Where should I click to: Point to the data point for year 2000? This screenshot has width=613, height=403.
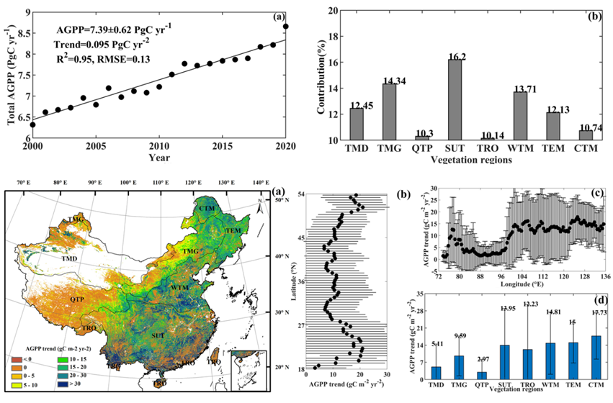pos(32,124)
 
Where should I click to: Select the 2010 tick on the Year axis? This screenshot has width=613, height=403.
pos(159,148)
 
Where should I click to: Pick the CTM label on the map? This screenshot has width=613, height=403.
pos(208,209)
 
